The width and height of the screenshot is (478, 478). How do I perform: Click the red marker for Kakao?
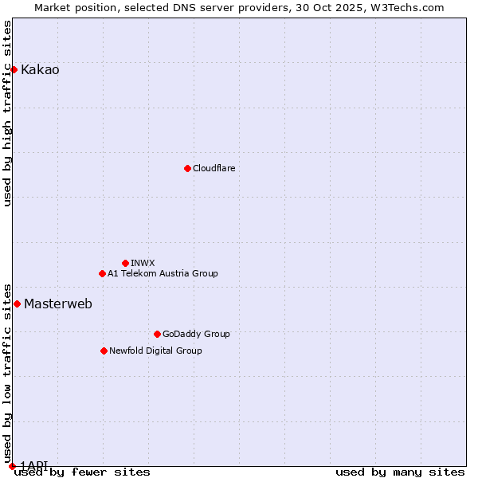point(14,69)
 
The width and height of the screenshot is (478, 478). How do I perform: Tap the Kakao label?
point(40,70)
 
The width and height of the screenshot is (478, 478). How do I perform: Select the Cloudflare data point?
point(187,168)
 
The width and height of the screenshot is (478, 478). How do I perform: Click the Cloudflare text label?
point(214,169)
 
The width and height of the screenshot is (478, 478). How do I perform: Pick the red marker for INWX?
point(125,263)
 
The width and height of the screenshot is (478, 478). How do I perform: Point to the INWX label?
point(143,264)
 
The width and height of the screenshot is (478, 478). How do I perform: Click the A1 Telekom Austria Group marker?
point(102,273)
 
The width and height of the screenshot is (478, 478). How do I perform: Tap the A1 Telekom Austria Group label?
point(163,274)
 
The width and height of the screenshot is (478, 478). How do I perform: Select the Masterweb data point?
point(17,304)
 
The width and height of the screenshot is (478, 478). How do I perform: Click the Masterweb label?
point(58,304)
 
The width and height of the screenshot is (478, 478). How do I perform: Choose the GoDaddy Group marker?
point(157,334)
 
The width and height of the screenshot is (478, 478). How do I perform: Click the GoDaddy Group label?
point(196,335)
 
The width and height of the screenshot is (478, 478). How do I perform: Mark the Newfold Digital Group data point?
point(104,351)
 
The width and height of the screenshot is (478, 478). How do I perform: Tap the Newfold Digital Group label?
point(155,351)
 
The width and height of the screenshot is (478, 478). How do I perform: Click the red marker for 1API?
point(12,466)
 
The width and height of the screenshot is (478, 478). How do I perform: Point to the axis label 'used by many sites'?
point(400,472)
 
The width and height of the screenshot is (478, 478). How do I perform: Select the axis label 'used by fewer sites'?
point(82,472)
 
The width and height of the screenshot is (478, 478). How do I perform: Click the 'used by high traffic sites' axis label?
point(8,113)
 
